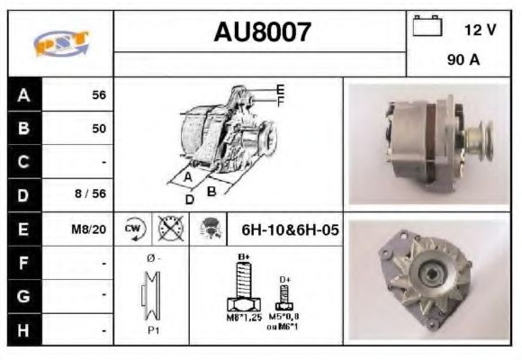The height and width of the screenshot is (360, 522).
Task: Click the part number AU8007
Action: point(262,33)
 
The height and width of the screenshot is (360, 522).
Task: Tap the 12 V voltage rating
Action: point(479,30)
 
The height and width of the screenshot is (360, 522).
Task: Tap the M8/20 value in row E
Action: point(90,229)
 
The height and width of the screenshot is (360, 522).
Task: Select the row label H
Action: point(23,329)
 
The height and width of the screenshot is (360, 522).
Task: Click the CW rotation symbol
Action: point(133,229)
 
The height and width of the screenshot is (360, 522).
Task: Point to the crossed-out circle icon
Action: point(168,229)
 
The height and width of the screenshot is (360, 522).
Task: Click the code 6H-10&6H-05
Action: point(290,229)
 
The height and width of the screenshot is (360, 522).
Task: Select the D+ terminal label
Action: point(285,279)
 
